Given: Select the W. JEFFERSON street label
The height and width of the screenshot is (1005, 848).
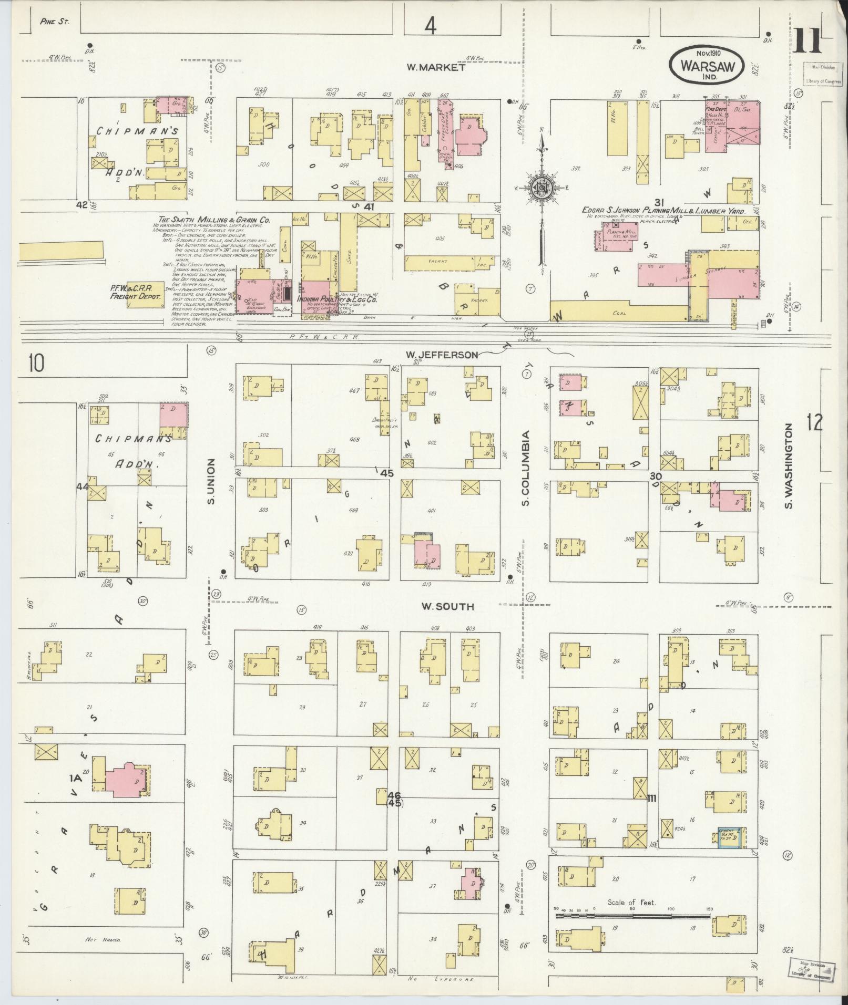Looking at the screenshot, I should (441, 355).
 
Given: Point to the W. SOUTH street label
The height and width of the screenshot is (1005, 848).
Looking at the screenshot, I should (447, 607).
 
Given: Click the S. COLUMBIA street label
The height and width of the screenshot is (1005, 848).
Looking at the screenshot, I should (525, 469).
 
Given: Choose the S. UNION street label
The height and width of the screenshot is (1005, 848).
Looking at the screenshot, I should (211, 482).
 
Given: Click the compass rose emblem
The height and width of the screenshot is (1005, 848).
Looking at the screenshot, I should (541, 188).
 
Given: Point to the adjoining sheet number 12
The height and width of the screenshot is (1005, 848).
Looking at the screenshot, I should (814, 422).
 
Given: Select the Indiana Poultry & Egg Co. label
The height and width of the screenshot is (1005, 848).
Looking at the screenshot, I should (336, 299).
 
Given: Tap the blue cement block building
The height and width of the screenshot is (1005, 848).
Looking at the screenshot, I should (729, 837).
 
